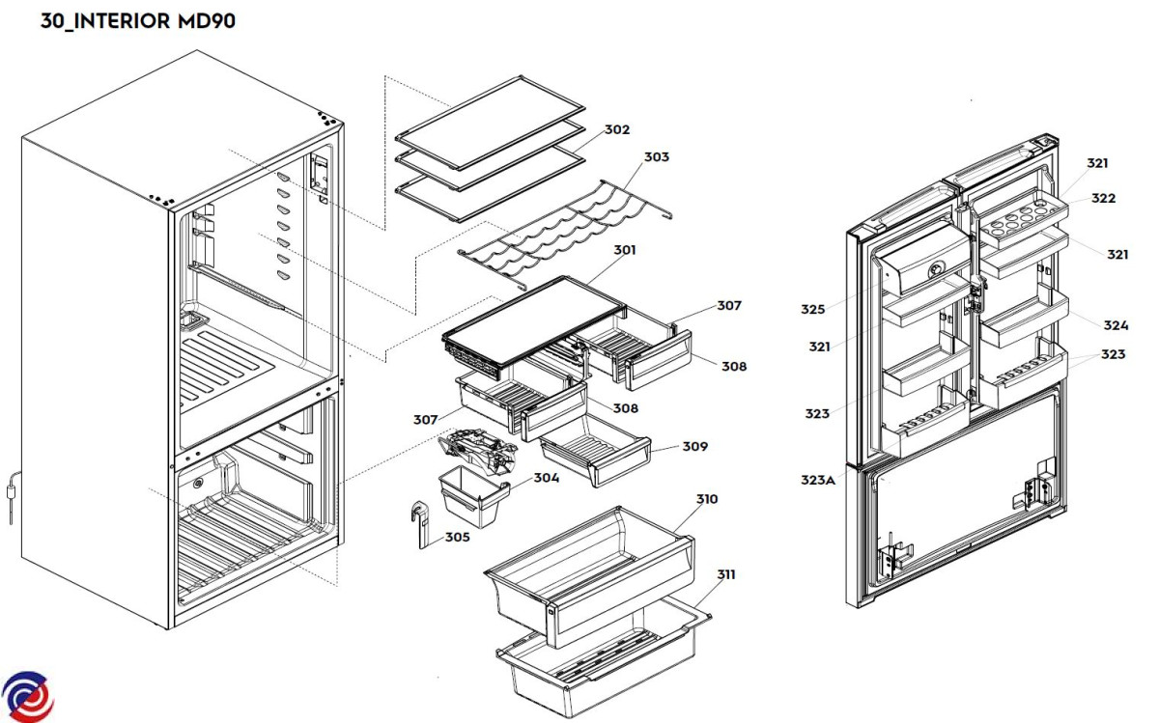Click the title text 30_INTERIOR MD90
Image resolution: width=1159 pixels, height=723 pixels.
137,21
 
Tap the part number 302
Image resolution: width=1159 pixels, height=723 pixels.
617,129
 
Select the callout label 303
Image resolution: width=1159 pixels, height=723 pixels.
657,156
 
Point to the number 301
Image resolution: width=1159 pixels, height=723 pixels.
625,251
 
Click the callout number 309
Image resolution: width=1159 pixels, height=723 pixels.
694,447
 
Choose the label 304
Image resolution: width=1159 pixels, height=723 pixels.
546,478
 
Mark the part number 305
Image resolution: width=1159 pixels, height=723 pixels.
458,537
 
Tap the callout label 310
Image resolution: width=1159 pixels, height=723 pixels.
706,499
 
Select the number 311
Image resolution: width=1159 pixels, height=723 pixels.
725,574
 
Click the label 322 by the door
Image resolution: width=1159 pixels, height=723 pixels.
1104,198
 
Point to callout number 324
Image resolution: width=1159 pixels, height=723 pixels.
1117,325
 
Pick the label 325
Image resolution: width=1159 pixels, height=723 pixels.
812,310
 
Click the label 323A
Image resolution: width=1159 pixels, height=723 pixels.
817,480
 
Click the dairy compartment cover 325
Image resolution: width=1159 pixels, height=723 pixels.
922,263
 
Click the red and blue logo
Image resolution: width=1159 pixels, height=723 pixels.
27,695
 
